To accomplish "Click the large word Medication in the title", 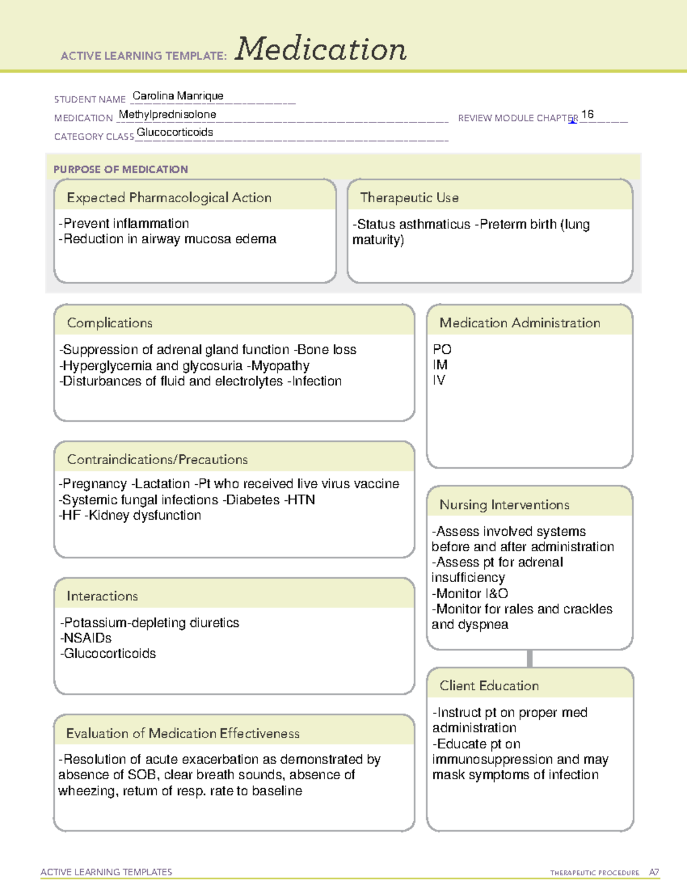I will (x=321, y=49).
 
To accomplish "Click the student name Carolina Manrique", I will (x=178, y=96).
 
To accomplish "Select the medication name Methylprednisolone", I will (x=167, y=114).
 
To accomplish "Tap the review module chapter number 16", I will (x=587, y=114).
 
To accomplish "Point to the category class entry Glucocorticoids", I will (x=175, y=132).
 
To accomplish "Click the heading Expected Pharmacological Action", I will (x=169, y=197).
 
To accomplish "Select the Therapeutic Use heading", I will (x=409, y=197).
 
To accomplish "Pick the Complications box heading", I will (x=109, y=323).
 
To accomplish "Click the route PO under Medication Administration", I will (x=442, y=349).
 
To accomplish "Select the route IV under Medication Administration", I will (x=439, y=380).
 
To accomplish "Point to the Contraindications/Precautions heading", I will (x=157, y=459).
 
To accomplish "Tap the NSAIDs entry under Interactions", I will (x=87, y=638).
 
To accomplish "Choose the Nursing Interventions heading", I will (x=504, y=504).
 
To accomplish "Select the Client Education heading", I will (x=489, y=685).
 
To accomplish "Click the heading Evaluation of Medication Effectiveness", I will (x=183, y=733).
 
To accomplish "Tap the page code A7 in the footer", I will (x=653, y=872).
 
